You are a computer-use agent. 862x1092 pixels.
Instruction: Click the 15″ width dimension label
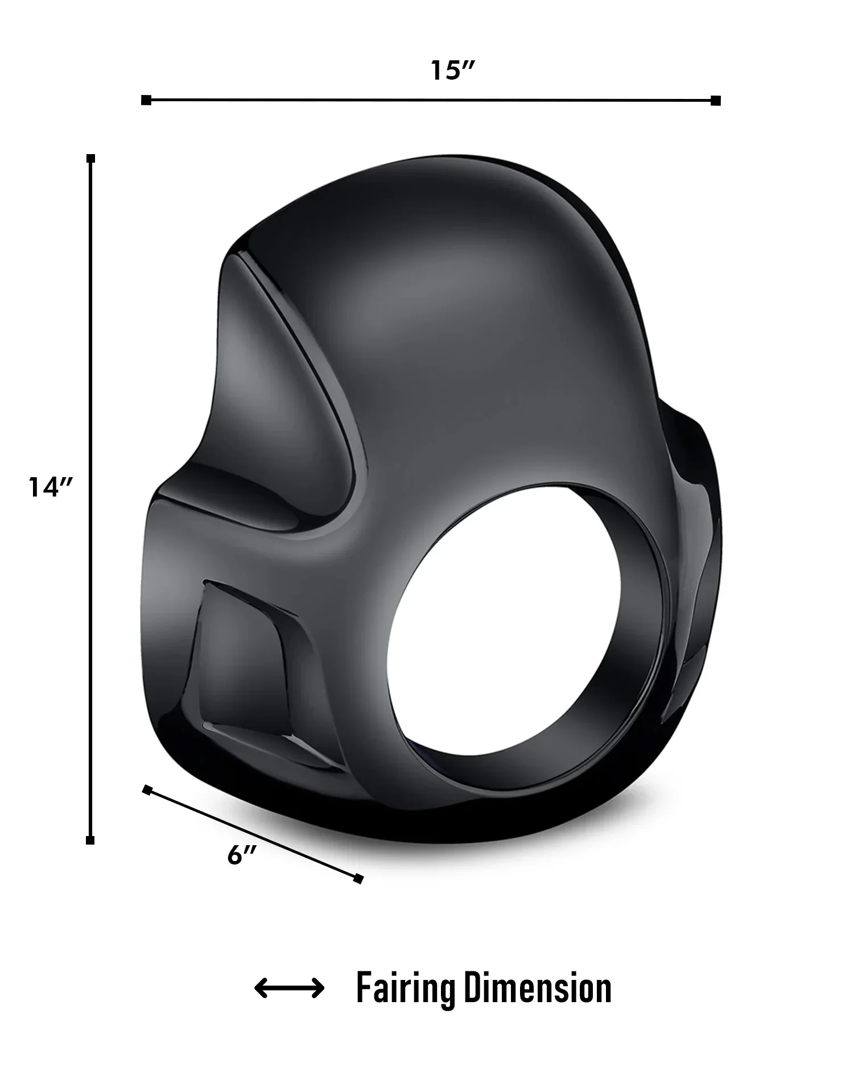point(452,71)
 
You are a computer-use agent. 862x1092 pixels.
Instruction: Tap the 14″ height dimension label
point(51,487)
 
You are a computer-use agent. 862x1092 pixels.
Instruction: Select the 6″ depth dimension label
point(242,854)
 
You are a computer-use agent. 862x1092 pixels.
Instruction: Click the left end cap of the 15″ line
point(146,100)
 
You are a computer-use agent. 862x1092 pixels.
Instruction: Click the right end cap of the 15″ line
point(716,101)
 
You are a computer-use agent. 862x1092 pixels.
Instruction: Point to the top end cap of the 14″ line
point(90,158)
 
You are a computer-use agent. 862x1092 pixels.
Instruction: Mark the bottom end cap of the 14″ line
point(90,840)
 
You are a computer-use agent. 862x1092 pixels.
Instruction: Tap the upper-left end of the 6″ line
point(147,789)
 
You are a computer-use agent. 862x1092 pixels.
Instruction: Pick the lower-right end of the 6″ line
point(358,879)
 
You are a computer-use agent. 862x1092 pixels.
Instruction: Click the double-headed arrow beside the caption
point(289,988)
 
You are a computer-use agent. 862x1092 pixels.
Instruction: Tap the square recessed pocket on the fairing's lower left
point(245,665)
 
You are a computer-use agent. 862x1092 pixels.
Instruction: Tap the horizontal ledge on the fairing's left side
point(228,500)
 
